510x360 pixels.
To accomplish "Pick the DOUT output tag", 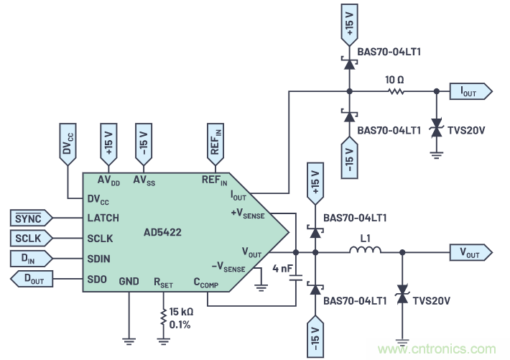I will (x=32, y=278).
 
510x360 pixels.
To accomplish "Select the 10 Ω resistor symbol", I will (x=394, y=91).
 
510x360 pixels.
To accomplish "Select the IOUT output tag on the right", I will (x=471, y=91).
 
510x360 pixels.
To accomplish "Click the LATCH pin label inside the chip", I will (x=103, y=218).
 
